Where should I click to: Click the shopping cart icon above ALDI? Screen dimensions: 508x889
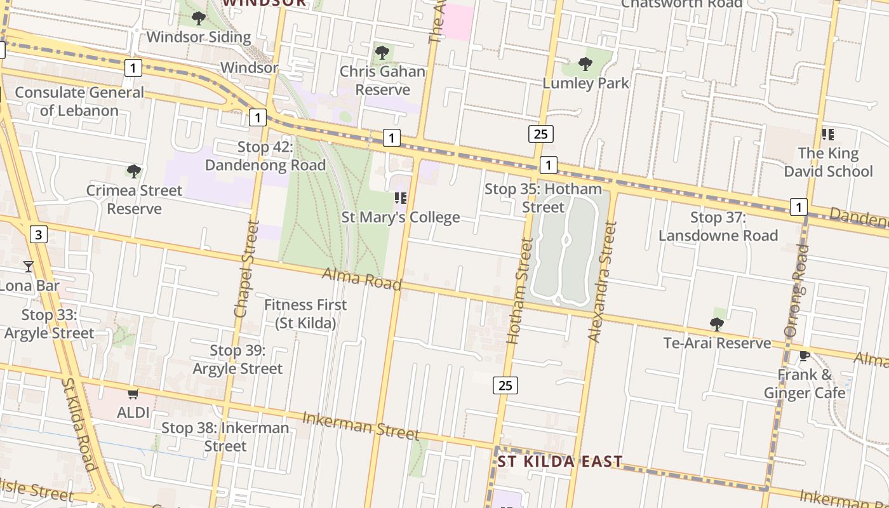pos(133,394)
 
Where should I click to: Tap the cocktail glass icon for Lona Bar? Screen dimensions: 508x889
pos(28,266)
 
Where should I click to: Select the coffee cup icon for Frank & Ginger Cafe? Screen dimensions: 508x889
pos(805,356)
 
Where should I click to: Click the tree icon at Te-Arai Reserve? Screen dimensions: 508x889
pos(717,324)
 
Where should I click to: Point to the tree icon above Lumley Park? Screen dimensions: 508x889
pos(585,63)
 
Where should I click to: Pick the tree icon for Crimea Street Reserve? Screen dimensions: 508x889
pos(133,171)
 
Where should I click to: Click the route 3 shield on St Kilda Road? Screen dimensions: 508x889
pos(39,235)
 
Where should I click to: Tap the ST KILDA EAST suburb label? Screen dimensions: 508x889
pos(559,462)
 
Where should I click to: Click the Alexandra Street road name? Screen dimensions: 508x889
pos(602,281)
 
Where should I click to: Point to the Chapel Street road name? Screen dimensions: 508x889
pos(247,269)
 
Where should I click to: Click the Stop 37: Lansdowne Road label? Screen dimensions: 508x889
pos(718,227)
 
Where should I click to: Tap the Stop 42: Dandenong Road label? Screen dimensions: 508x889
pos(265,156)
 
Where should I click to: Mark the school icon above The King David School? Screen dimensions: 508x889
pos(827,134)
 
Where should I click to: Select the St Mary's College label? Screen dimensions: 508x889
pos(401,218)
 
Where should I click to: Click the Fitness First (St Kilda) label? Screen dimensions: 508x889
pos(305,314)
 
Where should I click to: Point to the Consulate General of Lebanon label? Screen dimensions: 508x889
pos(79,102)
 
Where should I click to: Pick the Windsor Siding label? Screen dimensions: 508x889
pos(199,37)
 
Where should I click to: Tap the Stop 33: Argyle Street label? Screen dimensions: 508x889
pos(50,324)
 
